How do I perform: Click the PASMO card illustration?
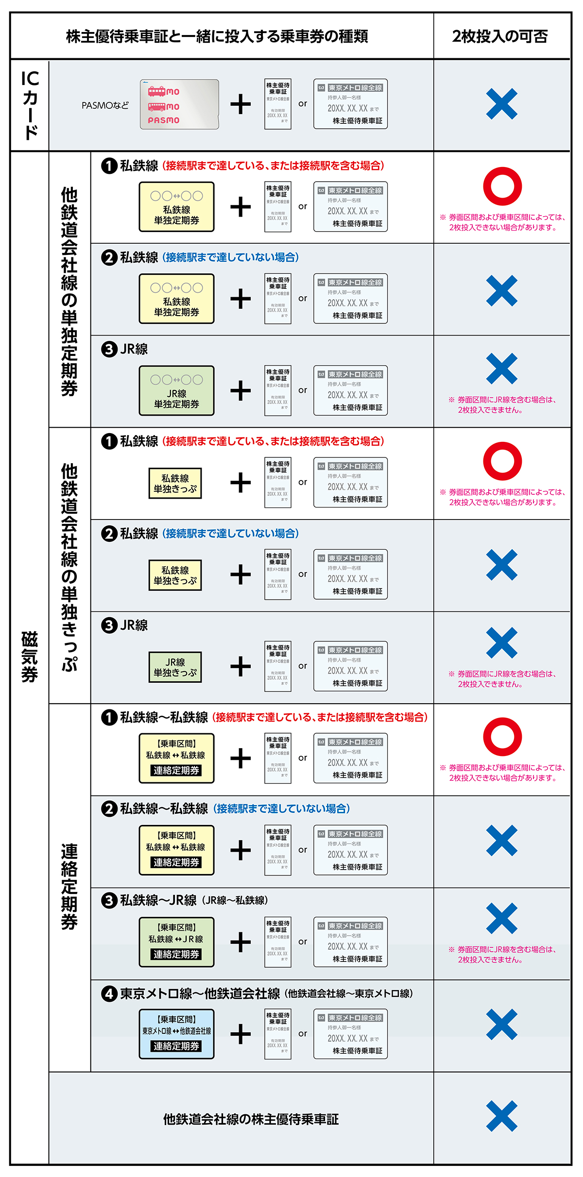[x=179, y=104]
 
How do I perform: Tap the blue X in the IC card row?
[x=501, y=104]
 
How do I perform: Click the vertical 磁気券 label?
[x=30, y=656]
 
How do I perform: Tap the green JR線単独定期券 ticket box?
[x=176, y=390]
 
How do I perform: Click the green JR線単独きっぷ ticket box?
[x=175, y=667]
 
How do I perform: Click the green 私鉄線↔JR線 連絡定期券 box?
[x=176, y=942]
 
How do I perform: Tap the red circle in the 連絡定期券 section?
[x=502, y=737]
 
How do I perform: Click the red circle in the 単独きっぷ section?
[x=502, y=461]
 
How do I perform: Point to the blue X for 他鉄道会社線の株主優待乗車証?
[x=501, y=1116]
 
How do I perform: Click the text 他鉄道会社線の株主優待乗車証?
[x=251, y=1119]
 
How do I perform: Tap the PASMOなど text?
[x=105, y=105]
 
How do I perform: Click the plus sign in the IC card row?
[x=240, y=104]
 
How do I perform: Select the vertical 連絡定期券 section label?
[x=69, y=887]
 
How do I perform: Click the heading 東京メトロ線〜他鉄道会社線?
[x=200, y=993]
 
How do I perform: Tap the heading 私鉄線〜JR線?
[x=158, y=900]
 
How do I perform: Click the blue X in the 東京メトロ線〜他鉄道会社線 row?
[x=501, y=1025]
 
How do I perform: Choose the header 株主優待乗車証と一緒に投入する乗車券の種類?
[x=217, y=36]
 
